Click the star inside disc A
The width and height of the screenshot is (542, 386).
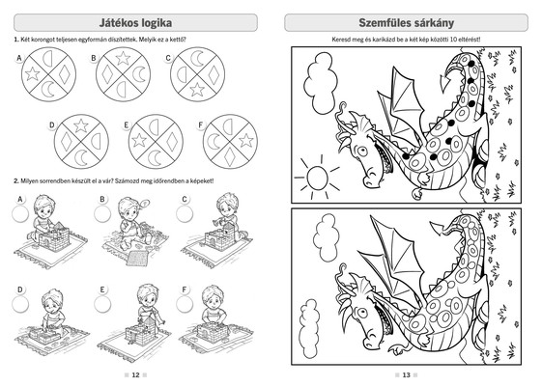(33, 74)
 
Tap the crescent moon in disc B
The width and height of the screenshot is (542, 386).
(139, 74)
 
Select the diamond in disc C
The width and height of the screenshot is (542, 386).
(214, 74)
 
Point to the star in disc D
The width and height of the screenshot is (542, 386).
(81, 125)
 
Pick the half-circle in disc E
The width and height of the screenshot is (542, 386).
(154, 127)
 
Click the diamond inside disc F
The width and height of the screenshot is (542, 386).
(230, 156)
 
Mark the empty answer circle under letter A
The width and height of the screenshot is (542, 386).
(20, 214)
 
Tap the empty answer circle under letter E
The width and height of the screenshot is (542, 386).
(102, 305)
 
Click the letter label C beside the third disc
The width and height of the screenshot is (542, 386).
(168, 58)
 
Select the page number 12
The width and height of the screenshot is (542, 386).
(135, 375)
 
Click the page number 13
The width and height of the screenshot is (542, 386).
(406, 375)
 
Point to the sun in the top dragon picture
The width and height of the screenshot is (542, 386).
(317, 178)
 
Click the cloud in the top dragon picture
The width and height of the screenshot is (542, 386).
(320, 83)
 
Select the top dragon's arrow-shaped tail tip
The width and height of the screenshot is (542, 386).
(447, 84)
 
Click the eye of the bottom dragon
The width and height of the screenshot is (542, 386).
(362, 313)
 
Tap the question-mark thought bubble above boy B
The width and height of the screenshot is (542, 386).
(145, 204)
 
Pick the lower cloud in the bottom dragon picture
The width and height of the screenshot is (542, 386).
(308, 329)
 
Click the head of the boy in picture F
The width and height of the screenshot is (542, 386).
(212, 296)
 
